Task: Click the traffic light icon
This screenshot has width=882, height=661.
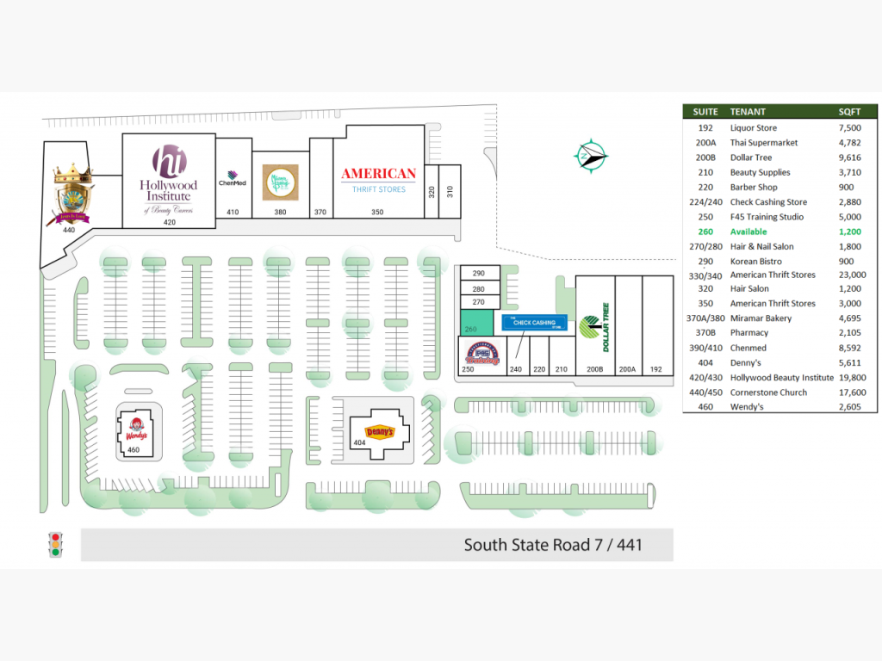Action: click(x=57, y=545)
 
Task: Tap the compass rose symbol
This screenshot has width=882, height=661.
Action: click(x=591, y=155)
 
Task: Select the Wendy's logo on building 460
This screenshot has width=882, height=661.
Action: click(x=133, y=429)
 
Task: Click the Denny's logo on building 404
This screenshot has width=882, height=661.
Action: click(x=380, y=432)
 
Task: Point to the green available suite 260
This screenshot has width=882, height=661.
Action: click(x=476, y=323)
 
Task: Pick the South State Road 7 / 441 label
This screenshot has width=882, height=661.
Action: click(x=553, y=545)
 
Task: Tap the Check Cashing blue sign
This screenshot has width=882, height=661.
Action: click(x=534, y=324)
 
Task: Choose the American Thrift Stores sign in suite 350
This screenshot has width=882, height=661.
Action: click(x=378, y=179)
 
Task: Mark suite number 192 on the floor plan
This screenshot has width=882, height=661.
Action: click(x=657, y=369)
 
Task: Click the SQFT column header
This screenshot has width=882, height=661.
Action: click(x=849, y=112)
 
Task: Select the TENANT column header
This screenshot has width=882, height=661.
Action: click(x=748, y=112)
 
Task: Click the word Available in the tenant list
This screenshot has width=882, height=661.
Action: click(x=748, y=232)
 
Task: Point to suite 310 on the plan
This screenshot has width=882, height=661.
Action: click(x=449, y=190)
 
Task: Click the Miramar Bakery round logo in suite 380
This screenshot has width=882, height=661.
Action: click(x=280, y=182)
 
